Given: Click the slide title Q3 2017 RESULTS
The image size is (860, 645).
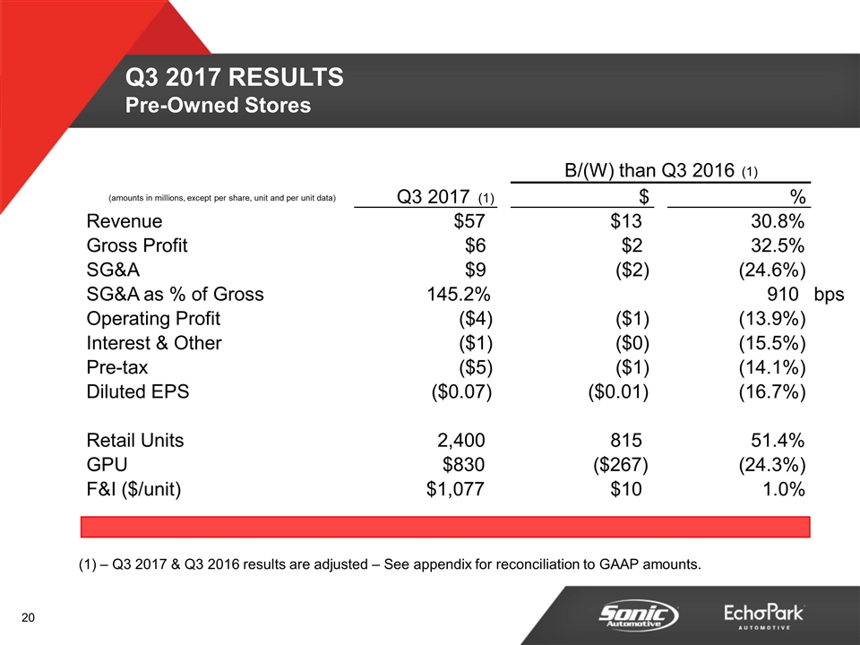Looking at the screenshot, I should click(235, 79).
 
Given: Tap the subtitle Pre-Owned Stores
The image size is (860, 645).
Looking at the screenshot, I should click(218, 106).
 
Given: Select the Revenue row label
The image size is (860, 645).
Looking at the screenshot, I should click(125, 221).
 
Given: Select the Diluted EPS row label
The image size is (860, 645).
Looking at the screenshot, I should click(138, 391).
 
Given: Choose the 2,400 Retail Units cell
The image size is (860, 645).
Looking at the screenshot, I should click(457, 440).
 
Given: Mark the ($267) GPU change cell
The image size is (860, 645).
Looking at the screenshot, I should click(621, 464).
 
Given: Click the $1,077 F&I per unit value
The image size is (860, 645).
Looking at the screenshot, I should click(457, 489).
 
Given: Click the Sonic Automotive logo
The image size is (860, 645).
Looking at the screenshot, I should click(639, 615).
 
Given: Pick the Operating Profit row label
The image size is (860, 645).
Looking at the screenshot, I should click(153, 318).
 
